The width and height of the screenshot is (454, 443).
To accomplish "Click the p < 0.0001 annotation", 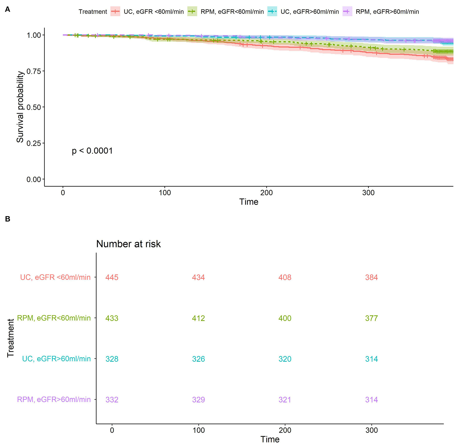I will (x=92, y=151).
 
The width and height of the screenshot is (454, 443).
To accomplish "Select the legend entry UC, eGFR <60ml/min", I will (x=153, y=12).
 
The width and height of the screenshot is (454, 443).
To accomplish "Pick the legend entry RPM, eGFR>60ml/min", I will (x=387, y=12).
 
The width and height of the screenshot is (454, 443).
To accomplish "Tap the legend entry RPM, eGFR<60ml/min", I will (x=232, y=12).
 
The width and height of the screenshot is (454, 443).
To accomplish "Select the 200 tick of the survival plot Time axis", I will (x=266, y=193).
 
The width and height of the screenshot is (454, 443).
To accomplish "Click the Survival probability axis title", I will (x=20, y=107).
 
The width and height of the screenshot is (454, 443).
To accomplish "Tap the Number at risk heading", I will (x=128, y=244).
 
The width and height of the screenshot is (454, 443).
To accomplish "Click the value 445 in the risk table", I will (x=112, y=277).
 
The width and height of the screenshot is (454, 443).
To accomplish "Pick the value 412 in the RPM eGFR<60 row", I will (x=198, y=318).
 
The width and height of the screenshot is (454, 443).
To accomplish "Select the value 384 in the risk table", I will (x=371, y=277).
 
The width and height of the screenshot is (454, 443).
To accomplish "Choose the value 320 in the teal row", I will (x=285, y=359).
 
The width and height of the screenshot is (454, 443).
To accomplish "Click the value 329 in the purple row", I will (x=198, y=400).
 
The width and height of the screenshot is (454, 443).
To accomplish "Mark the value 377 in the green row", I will (x=371, y=318).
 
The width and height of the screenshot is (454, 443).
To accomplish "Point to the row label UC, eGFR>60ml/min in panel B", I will (x=56, y=359).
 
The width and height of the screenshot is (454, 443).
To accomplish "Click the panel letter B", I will (x=8, y=219).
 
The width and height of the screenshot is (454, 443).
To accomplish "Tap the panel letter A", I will (x=8, y=9).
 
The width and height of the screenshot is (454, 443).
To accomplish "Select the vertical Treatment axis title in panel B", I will (x=11, y=338).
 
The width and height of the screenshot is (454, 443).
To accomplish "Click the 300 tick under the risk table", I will (x=371, y=430).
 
